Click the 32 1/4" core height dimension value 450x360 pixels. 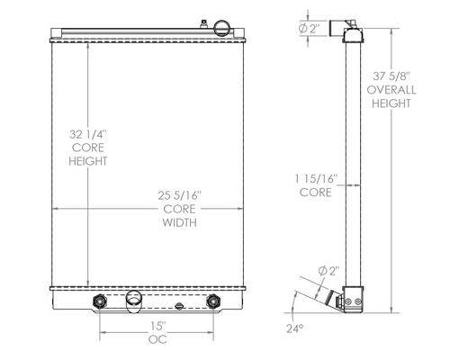coord(88,134)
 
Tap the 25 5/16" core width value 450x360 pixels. coord(179,195)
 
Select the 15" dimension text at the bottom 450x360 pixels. coord(157,326)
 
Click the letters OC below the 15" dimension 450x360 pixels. coord(157,339)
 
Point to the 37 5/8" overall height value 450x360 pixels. coord(391,76)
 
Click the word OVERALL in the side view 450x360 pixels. coord(391,90)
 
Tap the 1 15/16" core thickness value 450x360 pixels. coord(315,179)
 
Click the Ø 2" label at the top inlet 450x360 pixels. coord(309,29)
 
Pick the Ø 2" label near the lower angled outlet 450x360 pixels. coord(328,271)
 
